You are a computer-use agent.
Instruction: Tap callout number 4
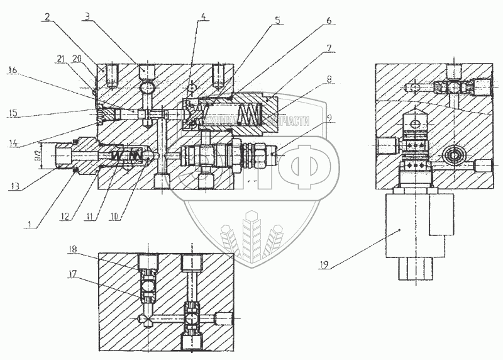(203, 18)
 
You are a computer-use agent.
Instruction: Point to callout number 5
(277, 19)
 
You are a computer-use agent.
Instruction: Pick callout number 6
(328, 20)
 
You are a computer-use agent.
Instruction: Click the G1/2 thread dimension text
(36, 153)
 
